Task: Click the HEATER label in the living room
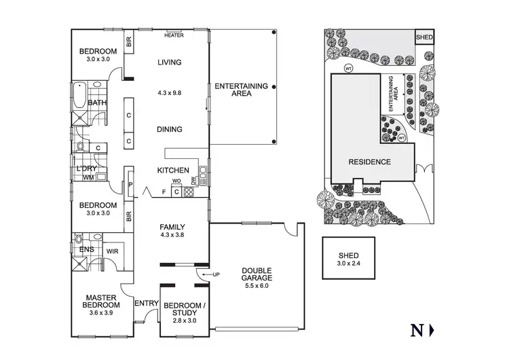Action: point(174,35)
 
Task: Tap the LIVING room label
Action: point(170,62)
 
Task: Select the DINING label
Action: point(169,129)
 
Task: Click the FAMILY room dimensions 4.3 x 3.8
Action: point(172,235)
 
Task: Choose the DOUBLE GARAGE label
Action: point(257,274)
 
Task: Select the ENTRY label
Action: point(147,303)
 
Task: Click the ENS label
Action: point(87,250)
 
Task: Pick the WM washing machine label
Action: point(88,177)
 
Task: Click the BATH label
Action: point(98,103)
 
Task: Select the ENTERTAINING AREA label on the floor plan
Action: point(241,90)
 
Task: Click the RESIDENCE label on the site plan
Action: point(369,162)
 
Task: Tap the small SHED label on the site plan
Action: point(424,37)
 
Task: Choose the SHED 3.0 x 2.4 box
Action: point(349,258)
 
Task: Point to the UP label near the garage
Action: point(216,274)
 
